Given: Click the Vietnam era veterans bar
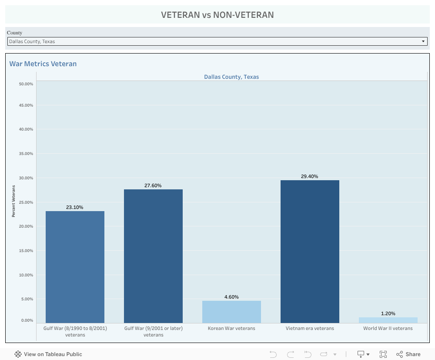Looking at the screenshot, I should point(310,252).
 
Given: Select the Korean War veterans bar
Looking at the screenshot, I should point(231,312).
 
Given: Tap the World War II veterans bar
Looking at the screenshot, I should point(388,320).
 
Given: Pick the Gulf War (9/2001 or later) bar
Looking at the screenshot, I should point(153,256).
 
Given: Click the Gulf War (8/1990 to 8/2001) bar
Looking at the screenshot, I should point(75,267).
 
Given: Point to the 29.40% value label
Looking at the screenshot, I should point(309,176).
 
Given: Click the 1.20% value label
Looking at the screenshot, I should point(388,313).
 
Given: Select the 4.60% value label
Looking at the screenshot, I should point(231,297).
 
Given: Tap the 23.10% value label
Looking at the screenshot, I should point(74,207).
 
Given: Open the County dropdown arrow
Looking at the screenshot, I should point(423,41).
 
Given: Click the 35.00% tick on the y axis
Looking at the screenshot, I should point(26,154).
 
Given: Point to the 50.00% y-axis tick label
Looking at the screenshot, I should point(26,84).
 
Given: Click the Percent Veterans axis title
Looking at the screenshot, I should point(13,201).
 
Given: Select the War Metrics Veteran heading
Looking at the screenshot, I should point(43,64).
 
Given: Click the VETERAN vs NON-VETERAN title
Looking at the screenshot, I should point(217,15).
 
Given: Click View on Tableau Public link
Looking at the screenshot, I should point(48,354).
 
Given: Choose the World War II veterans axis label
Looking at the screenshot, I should point(388,328).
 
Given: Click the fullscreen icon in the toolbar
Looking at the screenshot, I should point(383,354).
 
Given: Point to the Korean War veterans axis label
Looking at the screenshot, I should point(231,328).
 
